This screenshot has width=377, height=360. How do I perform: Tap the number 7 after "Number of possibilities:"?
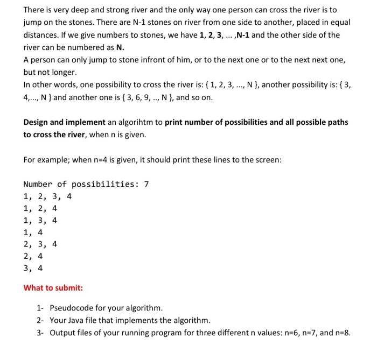(x=145, y=185)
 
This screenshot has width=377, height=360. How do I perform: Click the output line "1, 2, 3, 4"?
(x=47, y=196)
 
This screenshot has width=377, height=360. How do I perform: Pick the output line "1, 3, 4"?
(x=40, y=220)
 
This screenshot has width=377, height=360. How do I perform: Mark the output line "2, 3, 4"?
(x=40, y=244)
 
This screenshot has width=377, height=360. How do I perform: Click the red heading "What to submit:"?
(x=53, y=288)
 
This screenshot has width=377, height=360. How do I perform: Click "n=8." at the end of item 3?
(x=340, y=333)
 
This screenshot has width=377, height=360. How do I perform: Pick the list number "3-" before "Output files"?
(x=41, y=333)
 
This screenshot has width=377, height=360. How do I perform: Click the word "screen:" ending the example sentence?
(x=268, y=159)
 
